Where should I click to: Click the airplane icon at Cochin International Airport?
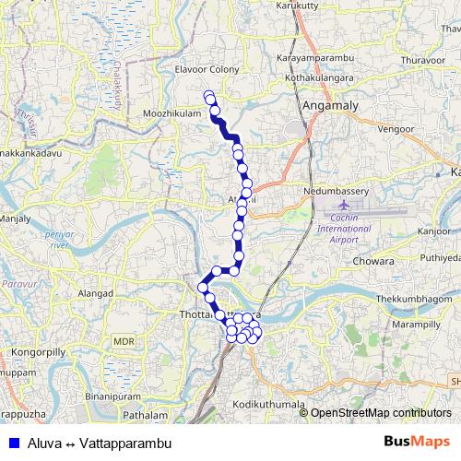click(x=344, y=204)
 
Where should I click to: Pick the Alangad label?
click(x=94, y=292)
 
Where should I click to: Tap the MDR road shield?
click(x=124, y=341)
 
